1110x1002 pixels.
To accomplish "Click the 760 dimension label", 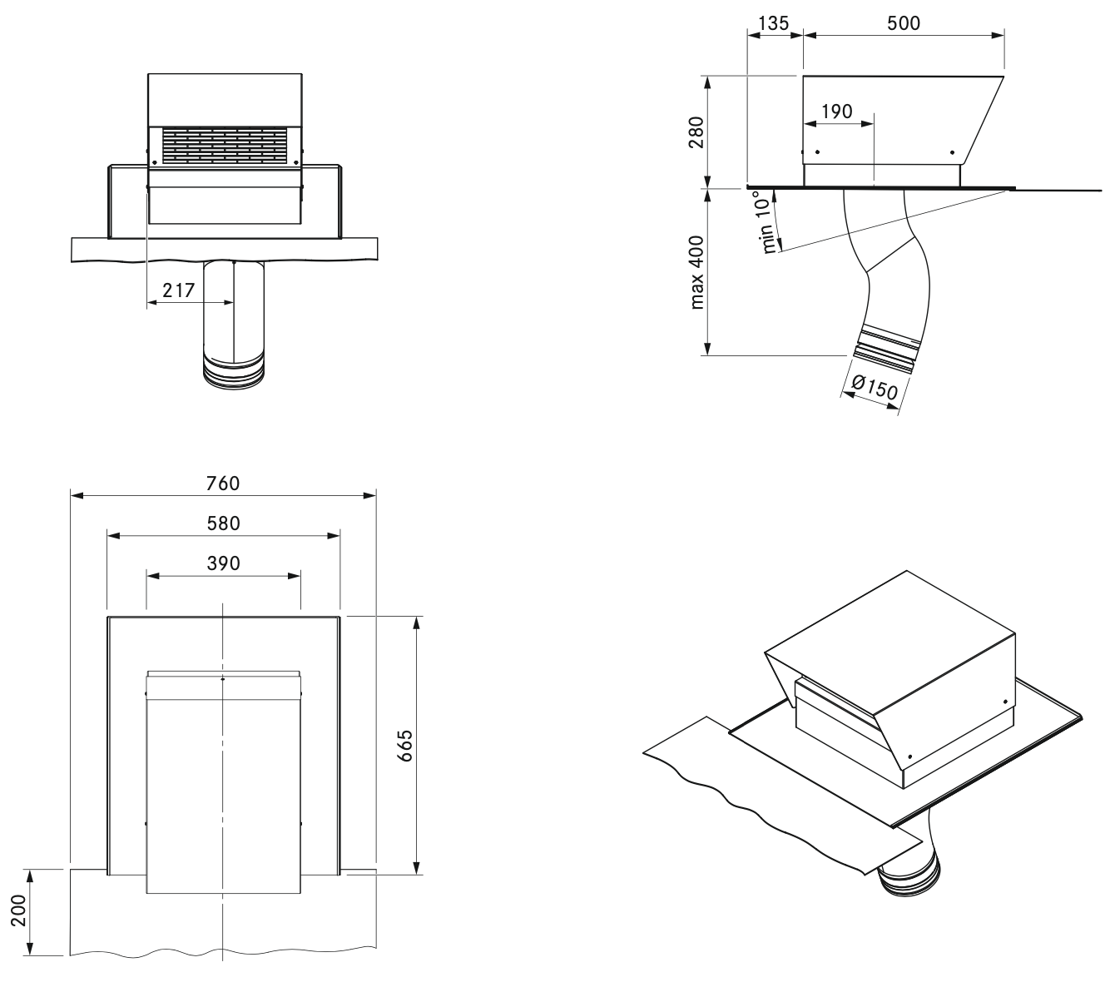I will pyautogui.click(x=223, y=484).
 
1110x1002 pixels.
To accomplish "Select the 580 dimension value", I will pyautogui.click(x=223, y=523).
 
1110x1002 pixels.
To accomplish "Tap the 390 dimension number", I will pyautogui.click(x=223, y=563).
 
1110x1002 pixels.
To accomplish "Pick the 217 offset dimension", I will pyautogui.click(x=179, y=290).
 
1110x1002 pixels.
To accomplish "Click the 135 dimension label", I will pyautogui.click(x=774, y=22).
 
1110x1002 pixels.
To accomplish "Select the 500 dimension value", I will pyautogui.click(x=904, y=22).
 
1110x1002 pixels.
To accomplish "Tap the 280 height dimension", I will pyautogui.click(x=696, y=132).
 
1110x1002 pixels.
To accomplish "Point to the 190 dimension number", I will pyautogui.click(x=836, y=112).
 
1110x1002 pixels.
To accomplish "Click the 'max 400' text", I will pyautogui.click(x=697, y=272).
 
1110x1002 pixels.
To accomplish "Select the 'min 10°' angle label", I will pyautogui.click(x=770, y=223).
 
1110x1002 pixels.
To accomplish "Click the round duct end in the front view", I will pyautogui.click(x=234, y=373).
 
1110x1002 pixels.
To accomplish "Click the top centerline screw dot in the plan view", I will pyautogui.click(x=223, y=680).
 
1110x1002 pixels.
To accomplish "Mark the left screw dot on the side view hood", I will pyautogui.click(x=817, y=152).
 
